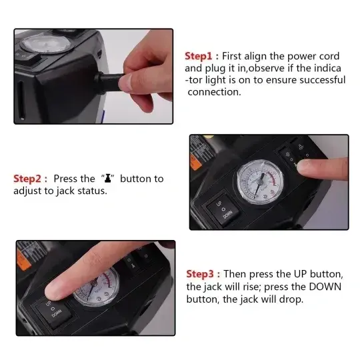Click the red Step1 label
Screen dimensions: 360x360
[201, 56]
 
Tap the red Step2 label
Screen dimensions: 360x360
[30, 179]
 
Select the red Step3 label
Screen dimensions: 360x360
[203, 274]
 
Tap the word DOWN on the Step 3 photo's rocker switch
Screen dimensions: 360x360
[55, 315]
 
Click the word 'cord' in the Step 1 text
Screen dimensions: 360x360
[327, 56]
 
